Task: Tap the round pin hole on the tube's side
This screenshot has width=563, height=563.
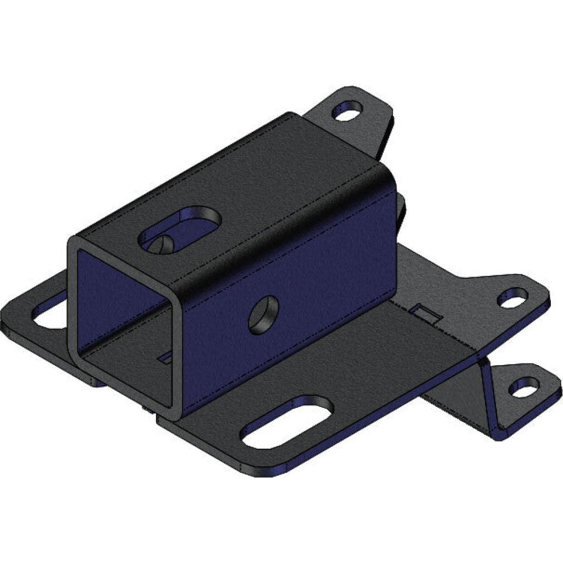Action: tap(263, 314)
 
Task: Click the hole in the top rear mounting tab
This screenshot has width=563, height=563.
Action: tap(347, 111)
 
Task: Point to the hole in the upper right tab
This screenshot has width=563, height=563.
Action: tap(512, 298)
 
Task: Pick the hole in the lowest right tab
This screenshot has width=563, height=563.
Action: tap(523, 387)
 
